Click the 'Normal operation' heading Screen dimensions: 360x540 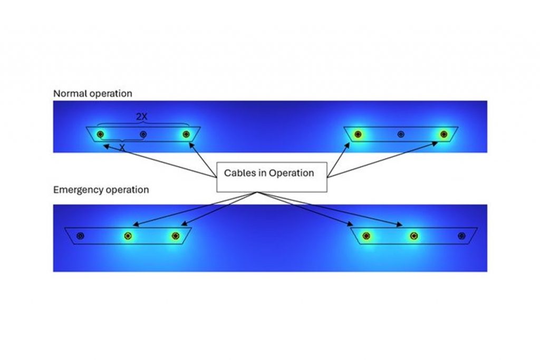92,94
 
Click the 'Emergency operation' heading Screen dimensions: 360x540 101,190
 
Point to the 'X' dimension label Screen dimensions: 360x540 122,148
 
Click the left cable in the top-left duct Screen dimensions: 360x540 100,134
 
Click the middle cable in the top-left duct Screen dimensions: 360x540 143,134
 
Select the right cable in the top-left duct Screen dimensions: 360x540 186,134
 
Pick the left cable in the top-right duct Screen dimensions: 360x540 358,134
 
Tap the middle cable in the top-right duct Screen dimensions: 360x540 401,134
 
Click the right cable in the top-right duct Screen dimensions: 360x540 443,134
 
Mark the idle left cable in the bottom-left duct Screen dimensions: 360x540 80,236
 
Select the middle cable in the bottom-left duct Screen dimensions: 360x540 128,236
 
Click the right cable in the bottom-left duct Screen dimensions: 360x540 176,236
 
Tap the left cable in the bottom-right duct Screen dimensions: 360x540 367,236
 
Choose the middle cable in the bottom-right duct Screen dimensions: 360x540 414,236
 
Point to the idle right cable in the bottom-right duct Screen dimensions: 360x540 462,236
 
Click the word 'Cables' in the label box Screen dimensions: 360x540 238,173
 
